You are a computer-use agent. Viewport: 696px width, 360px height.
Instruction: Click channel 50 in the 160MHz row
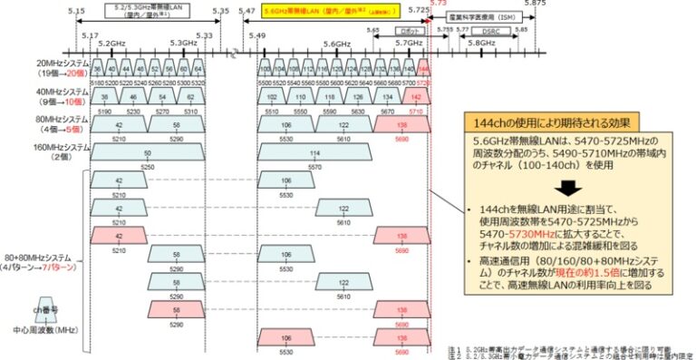146,155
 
